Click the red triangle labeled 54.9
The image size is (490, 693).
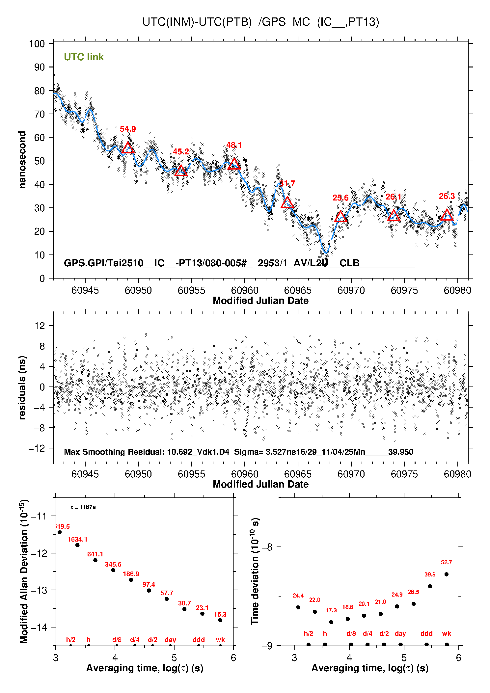click(128, 148)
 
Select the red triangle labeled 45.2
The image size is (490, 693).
click(181, 171)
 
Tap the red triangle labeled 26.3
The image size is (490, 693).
click(447, 215)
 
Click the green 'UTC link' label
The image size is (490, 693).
click(84, 57)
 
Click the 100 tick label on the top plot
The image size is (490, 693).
click(37, 44)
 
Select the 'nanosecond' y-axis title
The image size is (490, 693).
click(22, 160)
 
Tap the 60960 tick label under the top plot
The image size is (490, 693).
click(245, 290)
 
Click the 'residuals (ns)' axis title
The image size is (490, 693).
click(22, 387)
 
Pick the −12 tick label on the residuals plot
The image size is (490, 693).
click(37, 448)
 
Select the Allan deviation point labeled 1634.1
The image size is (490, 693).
click(77, 545)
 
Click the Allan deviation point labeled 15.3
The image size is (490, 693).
click(220, 620)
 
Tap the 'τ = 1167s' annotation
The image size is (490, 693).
click(83, 507)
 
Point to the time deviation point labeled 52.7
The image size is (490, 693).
click(447, 574)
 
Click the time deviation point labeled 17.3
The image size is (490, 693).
click(331, 622)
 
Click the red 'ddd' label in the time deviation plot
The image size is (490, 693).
click(426, 633)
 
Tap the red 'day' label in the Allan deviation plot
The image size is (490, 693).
click(170, 640)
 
